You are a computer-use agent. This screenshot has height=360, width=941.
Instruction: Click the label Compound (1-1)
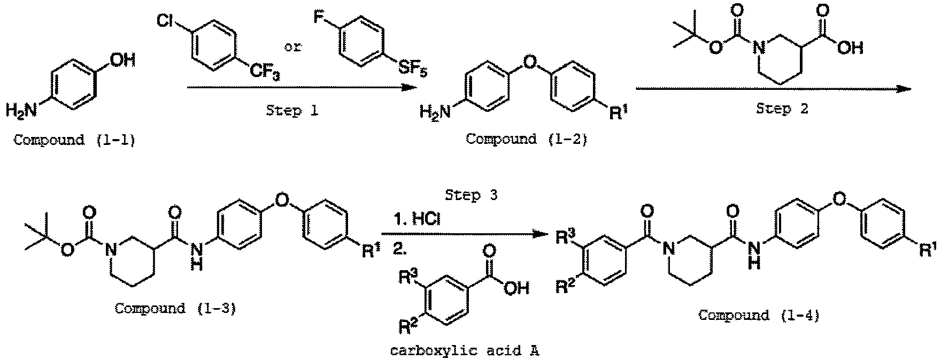[73, 141]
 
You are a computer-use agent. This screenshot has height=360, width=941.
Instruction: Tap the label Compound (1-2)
[526, 140]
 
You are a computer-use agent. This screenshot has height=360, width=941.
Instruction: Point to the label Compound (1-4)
[759, 315]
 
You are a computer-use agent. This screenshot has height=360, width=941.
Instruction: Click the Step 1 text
[291, 112]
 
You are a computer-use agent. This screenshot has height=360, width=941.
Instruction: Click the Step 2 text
[782, 109]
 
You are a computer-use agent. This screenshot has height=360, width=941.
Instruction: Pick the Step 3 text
[470, 196]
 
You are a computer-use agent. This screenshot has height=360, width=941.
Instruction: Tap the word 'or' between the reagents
[292, 47]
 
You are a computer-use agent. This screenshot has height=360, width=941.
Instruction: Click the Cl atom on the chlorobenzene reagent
[166, 21]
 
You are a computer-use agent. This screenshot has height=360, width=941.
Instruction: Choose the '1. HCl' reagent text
[417, 219]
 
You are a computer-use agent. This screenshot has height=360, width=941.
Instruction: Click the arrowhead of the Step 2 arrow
[906, 88]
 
